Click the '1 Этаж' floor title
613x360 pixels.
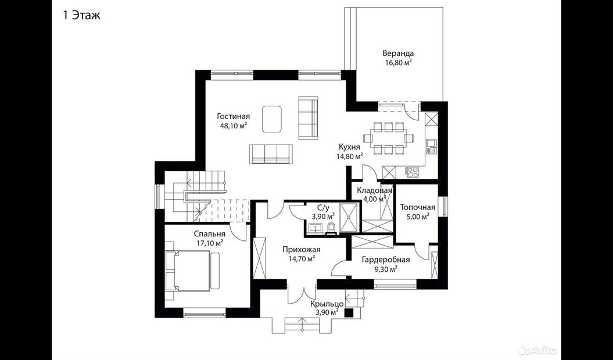[x=81, y=16]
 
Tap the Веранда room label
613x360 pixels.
[x=398, y=53]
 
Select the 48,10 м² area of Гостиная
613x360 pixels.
[x=234, y=125]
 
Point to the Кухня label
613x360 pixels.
[x=349, y=147]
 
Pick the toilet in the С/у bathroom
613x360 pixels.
[x=331, y=228]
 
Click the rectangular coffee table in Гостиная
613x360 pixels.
[x=273, y=118]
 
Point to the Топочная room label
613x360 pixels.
[x=418, y=207]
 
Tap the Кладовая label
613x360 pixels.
[x=374, y=190]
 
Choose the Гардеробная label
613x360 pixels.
[x=385, y=260]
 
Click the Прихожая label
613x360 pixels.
[x=302, y=250]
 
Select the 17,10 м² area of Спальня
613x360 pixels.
[x=210, y=243]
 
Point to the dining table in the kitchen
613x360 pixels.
[x=388, y=138]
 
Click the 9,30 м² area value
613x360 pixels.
[x=385, y=269]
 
